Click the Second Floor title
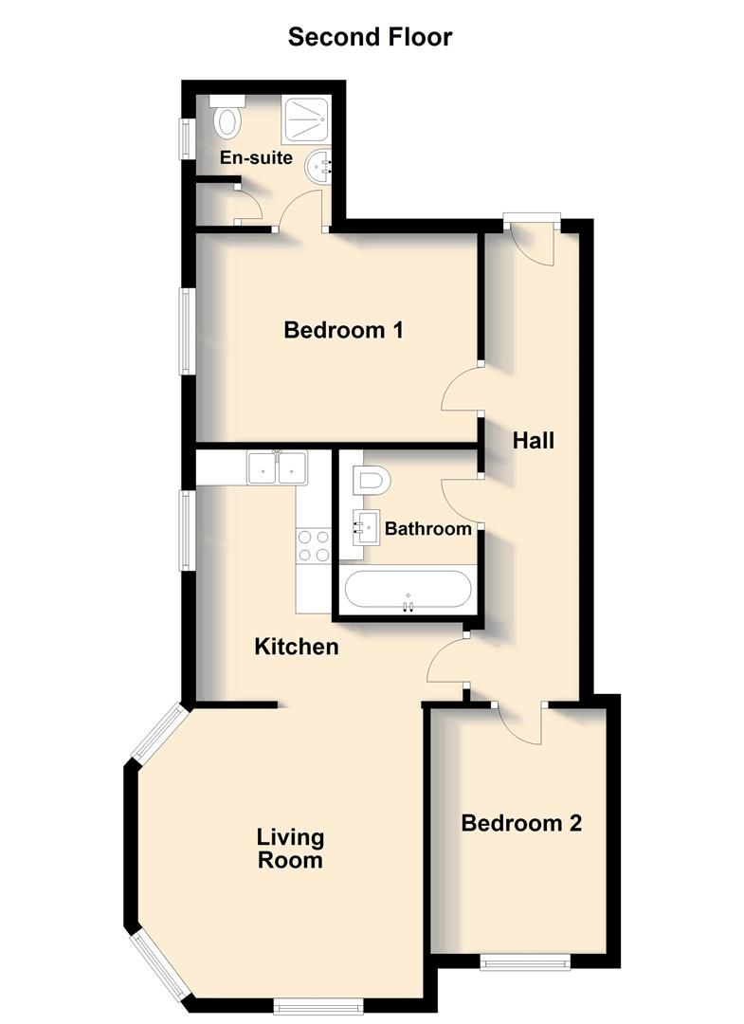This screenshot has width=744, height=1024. (x=371, y=37)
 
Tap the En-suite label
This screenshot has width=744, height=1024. (x=256, y=158)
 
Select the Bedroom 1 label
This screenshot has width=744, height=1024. (x=344, y=331)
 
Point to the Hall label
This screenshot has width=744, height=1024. (x=534, y=440)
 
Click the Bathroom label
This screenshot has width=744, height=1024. (x=426, y=529)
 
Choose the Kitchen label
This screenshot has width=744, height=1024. (x=297, y=647)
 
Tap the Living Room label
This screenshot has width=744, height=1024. (x=291, y=849)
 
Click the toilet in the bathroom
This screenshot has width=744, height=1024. (x=371, y=481)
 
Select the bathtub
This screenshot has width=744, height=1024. (x=407, y=592)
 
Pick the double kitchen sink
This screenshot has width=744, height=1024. (x=277, y=467)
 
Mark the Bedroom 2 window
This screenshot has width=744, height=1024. (x=526, y=963)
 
